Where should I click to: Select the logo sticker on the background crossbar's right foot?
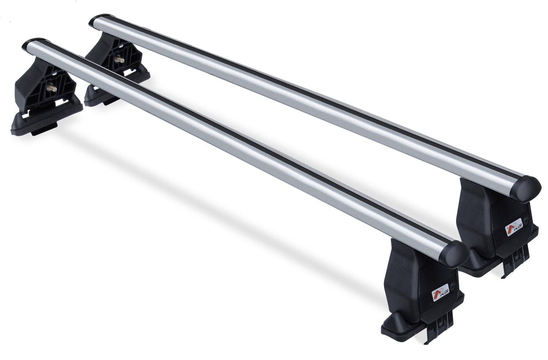point(509,230)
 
